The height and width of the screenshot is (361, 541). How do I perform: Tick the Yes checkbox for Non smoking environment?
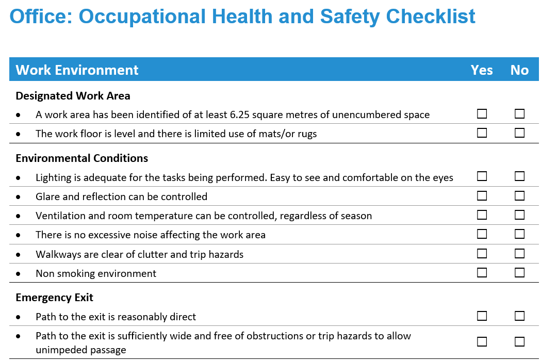click(x=482, y=273)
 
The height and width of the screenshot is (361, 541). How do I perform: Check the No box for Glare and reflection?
click(x=519, y=195)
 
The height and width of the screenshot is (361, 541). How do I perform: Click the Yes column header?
click(x=482, y=70)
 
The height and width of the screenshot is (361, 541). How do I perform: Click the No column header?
click(x=519, y=70)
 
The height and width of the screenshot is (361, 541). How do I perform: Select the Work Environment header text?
click(x=77, y=70)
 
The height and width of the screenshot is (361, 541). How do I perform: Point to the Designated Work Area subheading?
click(x=73, y=95)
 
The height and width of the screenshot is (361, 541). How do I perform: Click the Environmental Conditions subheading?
click(x=82, y=158)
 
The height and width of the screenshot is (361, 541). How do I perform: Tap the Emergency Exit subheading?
click(x=55, y=298)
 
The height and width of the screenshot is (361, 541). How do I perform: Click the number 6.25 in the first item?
click(x=239, y=114)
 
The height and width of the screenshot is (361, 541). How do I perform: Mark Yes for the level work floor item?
click(x=482, y=133)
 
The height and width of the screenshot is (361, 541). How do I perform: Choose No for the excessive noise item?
click(x=519, y=234)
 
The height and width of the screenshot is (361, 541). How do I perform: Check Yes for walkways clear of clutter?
click(x=482, y=254)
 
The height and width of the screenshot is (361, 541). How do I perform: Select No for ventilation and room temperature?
click(x=519, y=215)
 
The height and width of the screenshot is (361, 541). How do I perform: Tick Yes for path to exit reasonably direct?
click(x=482, y=316)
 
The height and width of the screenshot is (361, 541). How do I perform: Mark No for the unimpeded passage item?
click(x=519, y=342)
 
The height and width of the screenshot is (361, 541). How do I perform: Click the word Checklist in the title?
click(x=431, y=16)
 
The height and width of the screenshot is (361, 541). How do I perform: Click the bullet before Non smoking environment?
click(x=18, y=274)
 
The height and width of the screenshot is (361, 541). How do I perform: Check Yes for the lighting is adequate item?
click(x=482, y=176)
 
